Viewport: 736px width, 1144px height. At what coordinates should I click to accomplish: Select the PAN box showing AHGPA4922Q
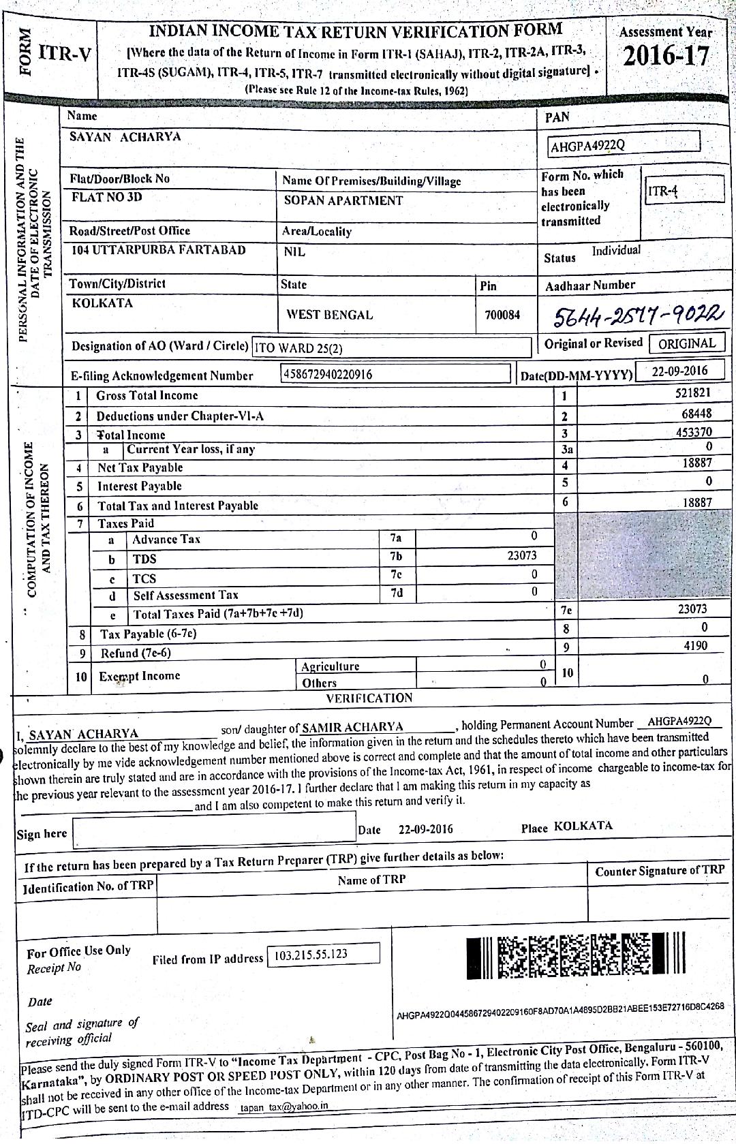point(624,144)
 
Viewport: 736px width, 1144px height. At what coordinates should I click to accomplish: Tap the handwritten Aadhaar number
point(637,315)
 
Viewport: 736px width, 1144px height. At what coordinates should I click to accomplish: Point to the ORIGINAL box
point(686,343)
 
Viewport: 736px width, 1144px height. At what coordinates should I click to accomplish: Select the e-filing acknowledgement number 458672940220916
point(395,373)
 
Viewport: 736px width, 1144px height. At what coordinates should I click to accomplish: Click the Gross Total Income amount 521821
point(689,392)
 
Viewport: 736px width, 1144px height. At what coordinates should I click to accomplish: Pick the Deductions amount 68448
point(696,414)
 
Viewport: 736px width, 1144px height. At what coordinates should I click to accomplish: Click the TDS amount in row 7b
point(521,555)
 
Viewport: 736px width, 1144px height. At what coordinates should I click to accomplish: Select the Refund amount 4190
point(695,645)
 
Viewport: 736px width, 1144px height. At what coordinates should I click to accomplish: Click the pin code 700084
point(502,315)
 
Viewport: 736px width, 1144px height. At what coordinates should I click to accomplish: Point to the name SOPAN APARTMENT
point(343,200)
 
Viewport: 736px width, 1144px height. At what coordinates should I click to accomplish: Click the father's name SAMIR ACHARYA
point(352,727)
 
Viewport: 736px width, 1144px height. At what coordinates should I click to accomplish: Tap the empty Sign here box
point(213,829)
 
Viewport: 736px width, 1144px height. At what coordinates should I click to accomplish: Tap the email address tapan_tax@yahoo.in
point(283,1106)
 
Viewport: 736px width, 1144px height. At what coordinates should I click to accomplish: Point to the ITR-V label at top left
point(64,53)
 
